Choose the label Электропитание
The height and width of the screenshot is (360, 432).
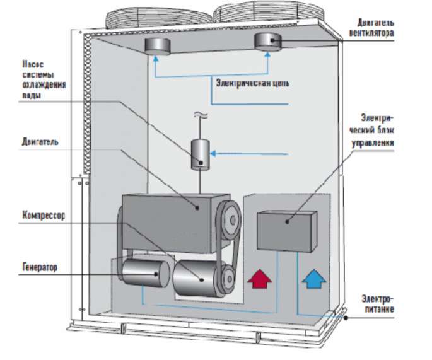click(x=378, y=304)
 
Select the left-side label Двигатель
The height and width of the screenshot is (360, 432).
click(x=40, y=141)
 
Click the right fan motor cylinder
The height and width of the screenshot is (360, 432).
click(x=270, y=42)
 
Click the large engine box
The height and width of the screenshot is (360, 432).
click(x=169, y=214)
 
